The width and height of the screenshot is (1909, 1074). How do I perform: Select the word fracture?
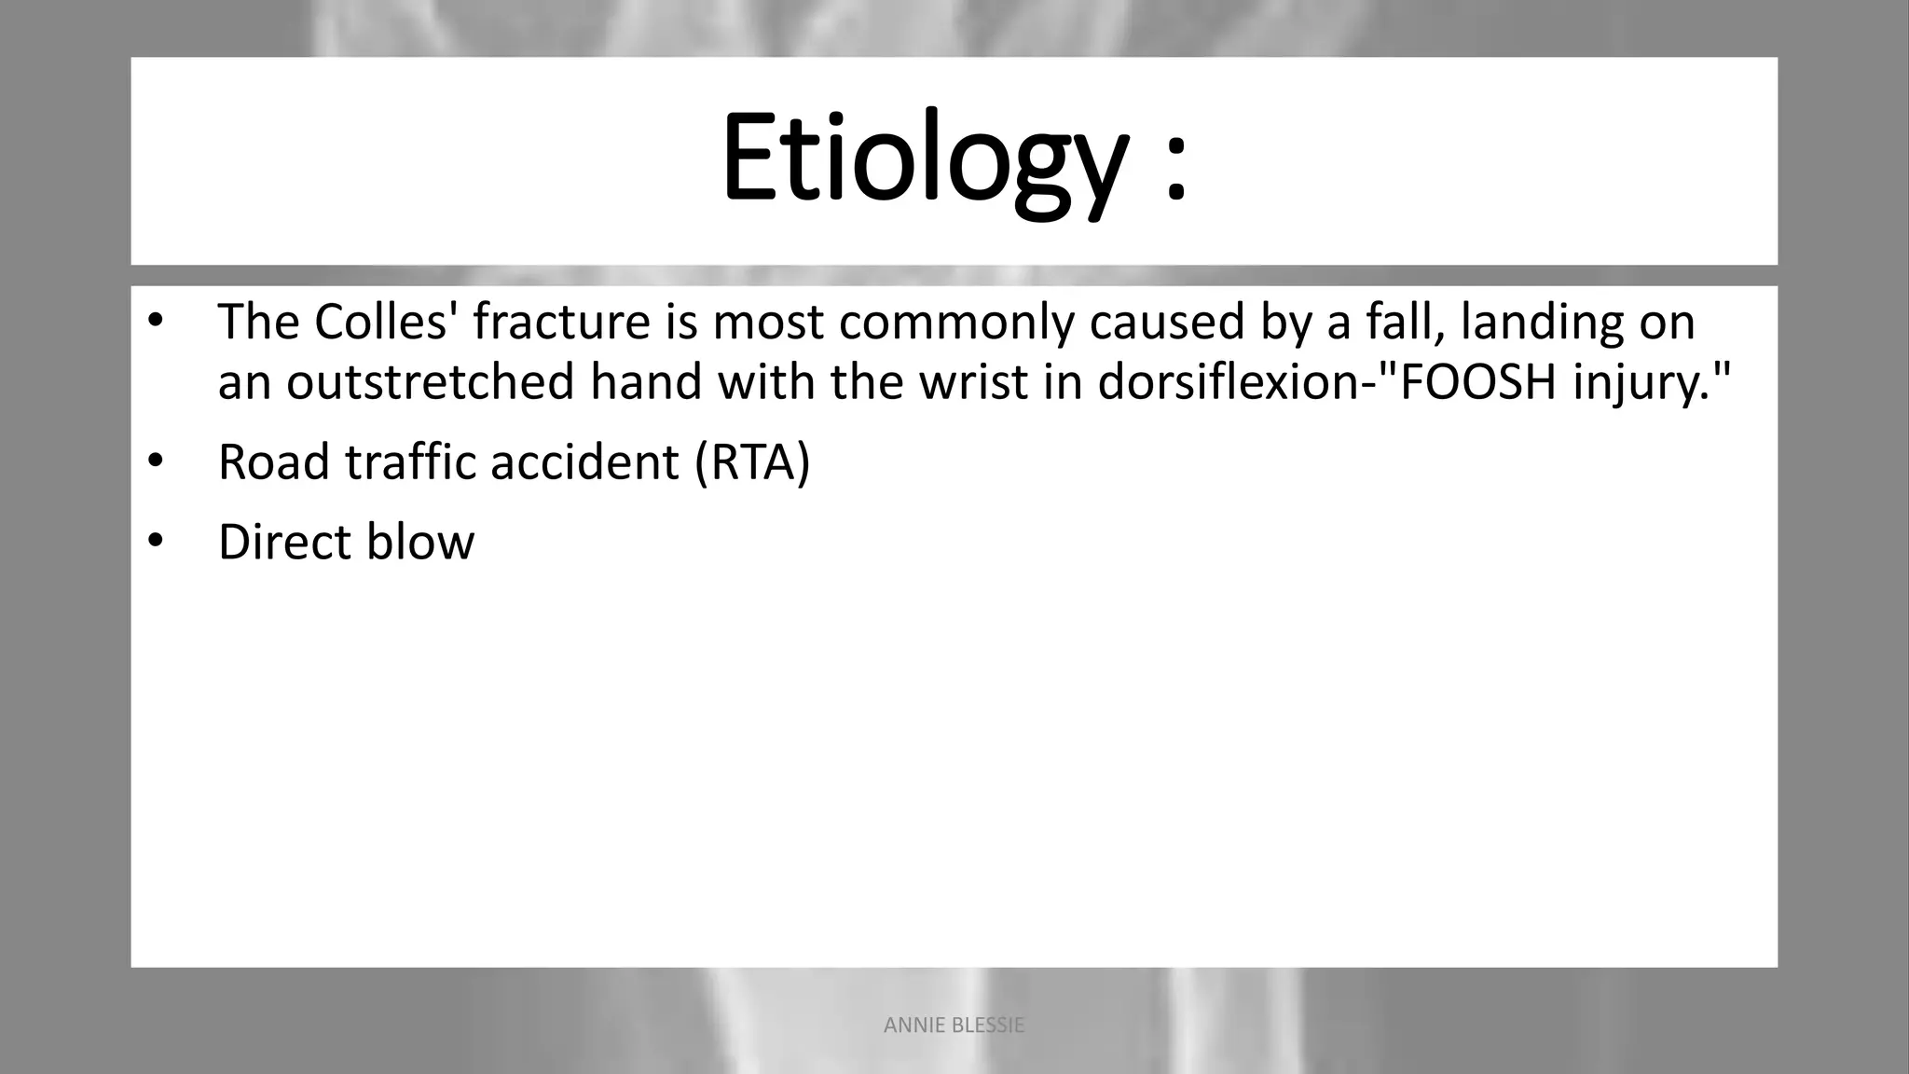[561, 322]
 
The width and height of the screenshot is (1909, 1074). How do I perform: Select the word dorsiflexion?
[1228, 382]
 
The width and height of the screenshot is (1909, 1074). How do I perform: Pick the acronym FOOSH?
[1477, 382]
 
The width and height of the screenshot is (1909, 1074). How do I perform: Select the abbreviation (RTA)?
[752, 461]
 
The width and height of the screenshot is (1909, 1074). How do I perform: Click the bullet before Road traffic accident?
[155, 461]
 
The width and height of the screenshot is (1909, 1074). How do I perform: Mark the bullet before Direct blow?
[155, 541]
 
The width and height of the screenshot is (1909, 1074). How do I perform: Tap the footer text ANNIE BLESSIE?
[954, 1026]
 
